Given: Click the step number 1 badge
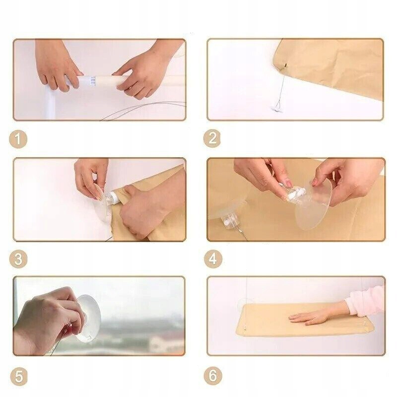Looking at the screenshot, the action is click(x=18, y=139).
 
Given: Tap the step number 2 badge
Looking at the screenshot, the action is click(x=212, y=138).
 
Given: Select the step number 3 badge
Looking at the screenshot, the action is click(x=18, y=259).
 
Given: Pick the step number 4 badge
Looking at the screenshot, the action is click(x=213, y=259).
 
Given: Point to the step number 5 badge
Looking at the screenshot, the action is click(x=19, y=377).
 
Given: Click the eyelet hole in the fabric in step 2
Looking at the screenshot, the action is click(x=285, y=65).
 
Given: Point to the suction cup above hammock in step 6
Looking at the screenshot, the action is click(x=243, y=303).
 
